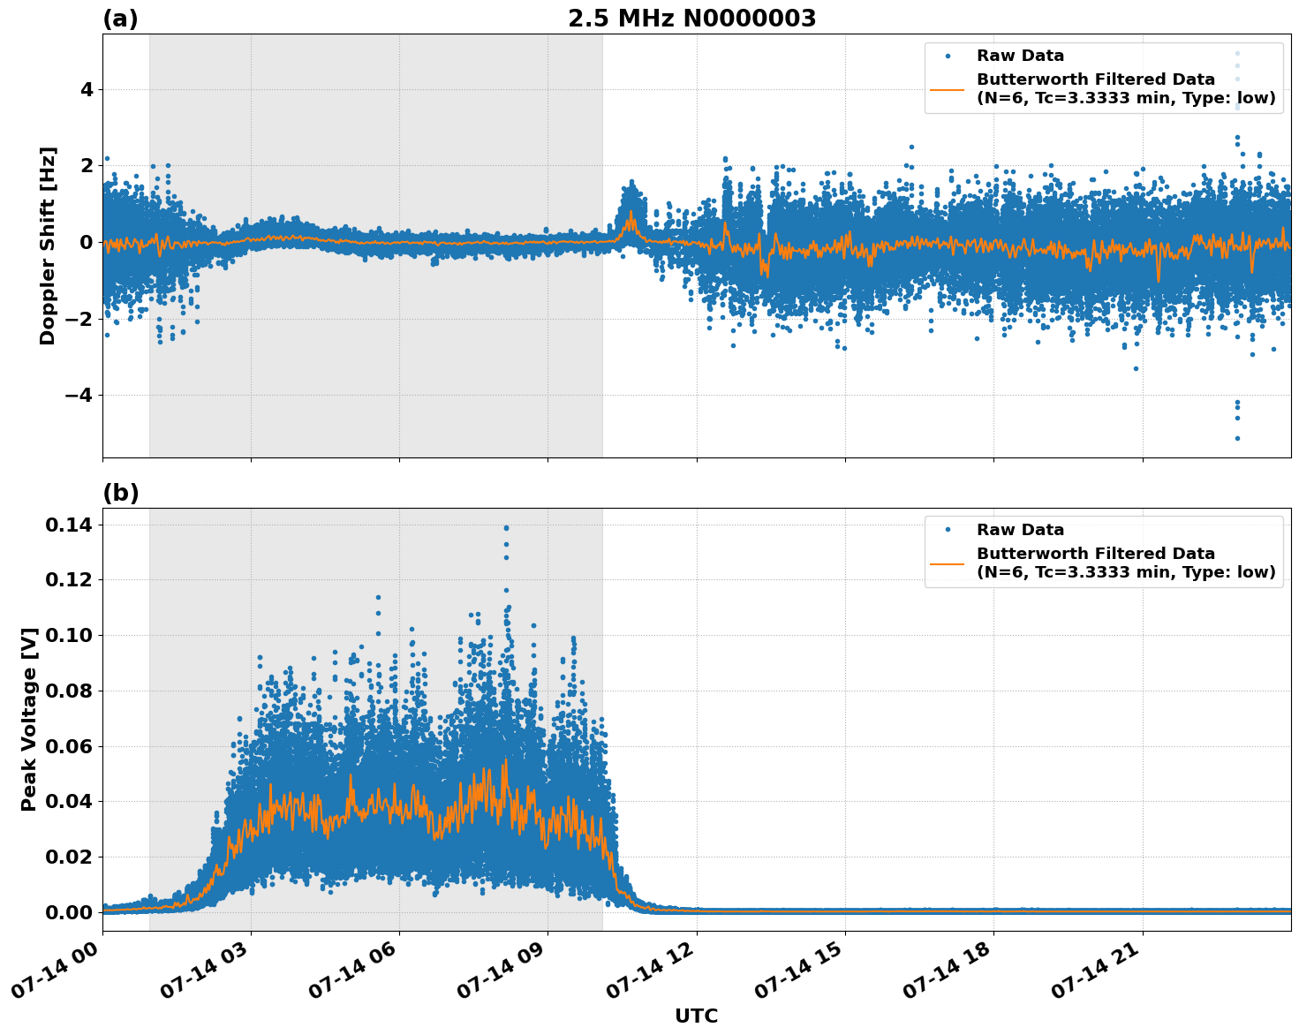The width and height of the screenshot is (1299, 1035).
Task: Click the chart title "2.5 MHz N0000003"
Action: pyautogui.click(x=691, y=19)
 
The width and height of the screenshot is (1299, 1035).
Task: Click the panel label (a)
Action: pyautogui.click(x=120, y=19)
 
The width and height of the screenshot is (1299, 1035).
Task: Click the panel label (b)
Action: pyautogui.click(x=120, y=493)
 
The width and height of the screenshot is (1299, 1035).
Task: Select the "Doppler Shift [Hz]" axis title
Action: pyautogui.click(x=48, y=246)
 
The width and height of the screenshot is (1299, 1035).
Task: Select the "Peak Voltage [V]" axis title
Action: pyautogui.click(x=29, y=719)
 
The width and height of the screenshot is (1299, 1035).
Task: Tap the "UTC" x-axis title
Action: pyautogui.click(x=696, y=1016)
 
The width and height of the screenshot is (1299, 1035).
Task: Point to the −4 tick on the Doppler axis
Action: pyautogui.click(x=77, y=395)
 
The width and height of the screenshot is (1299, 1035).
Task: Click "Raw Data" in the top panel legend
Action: pyautogui.click(x=1020, y=56)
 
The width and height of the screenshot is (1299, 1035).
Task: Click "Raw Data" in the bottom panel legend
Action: pyautogui.click(x=1020, y=530)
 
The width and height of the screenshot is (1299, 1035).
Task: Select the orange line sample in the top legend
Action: pyautogui.click(x=947, y=89)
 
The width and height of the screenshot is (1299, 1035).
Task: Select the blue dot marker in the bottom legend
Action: pyautogui.click(x=947, y=530)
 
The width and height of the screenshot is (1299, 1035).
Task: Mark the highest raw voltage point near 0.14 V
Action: pyautogui.click(x=506, y=528)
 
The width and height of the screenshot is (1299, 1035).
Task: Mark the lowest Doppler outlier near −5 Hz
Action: pyautogui.click(x=1237, y=438)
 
